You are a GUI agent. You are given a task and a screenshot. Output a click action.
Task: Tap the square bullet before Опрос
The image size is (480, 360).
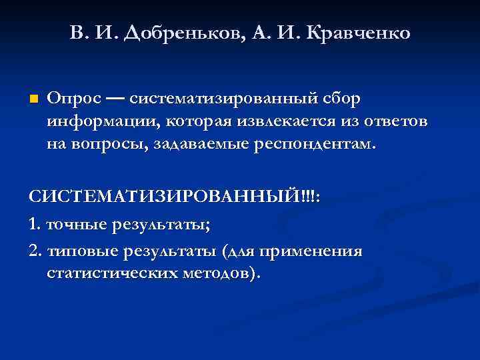[x=34, y=99]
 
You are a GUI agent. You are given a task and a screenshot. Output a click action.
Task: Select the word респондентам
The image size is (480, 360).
[x=315, y=143]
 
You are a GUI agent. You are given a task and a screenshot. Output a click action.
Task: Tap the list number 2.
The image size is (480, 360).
[x=34, y=252]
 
